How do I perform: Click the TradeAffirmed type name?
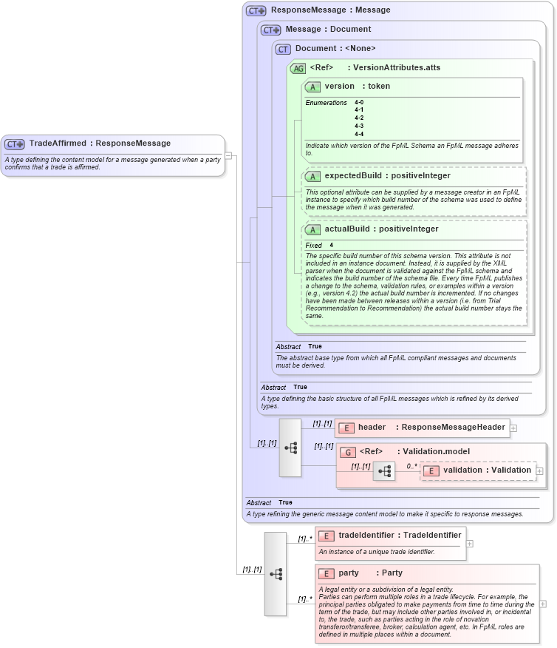pyautogui.click(x=58, y=143)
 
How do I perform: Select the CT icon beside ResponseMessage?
pyautogui.click(x=256, y=10)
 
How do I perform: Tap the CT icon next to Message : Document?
pyautogui.click(x=271, y=30)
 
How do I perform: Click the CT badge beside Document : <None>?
pyautogui.click(x=283, y=49)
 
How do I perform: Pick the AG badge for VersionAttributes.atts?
pyautogui.click(x=298, y=68)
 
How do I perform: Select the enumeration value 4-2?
pyautogui.click(x=359, y=118)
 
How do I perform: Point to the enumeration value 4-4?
pyautogui.click(x=359, y=134)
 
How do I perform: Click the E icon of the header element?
pyautogui.click(x=346, y=428)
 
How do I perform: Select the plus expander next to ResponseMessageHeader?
pyautogui.click(x=513, y=428)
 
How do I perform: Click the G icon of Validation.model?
pyautogui.click(x=347, y=451)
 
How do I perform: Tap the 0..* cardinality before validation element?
pyautogui.click(x=411, y=467)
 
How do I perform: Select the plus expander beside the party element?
pyautogui.click(x=544, y=604)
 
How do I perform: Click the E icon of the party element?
pyautogui.click(x=327, y=573)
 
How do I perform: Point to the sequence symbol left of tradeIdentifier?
pyautogui.click(x=275, y=573)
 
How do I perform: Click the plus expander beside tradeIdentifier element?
pyautogui.click(x=471, y=543)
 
